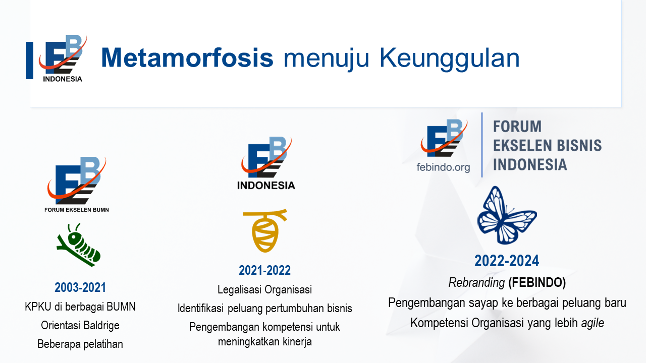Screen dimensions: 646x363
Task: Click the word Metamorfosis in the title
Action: [x=187, y=57]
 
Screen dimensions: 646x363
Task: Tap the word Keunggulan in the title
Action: [x=449, y=59]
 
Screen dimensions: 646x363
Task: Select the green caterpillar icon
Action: [x=78, y=245]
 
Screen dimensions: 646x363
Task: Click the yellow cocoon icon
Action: [x=265, y=230]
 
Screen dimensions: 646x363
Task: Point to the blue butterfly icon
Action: [x=507, y=215]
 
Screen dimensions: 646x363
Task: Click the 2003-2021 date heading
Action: [x=80, y=287]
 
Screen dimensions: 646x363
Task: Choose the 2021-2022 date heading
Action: [x=264, y=270]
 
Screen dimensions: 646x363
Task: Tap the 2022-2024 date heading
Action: [x=507, y=261]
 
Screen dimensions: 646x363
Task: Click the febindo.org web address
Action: [x=443, y=167]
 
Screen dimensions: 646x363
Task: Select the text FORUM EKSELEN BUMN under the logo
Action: [x=77, y=210]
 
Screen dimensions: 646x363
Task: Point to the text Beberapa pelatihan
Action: [x=80, y=344]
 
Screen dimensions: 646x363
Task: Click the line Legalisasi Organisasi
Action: [x=265, y=289]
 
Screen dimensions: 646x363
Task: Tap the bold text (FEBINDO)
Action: [x=537, y=282]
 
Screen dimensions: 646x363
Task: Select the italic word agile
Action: [x=593, y=323]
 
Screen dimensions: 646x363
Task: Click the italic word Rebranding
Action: [x=476, y=282]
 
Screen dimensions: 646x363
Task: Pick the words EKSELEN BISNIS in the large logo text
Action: [x=548, y=145]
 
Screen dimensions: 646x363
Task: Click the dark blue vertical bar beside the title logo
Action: [x=30, y=60]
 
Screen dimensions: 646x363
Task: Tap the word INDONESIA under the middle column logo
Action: [x=266, y=185]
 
